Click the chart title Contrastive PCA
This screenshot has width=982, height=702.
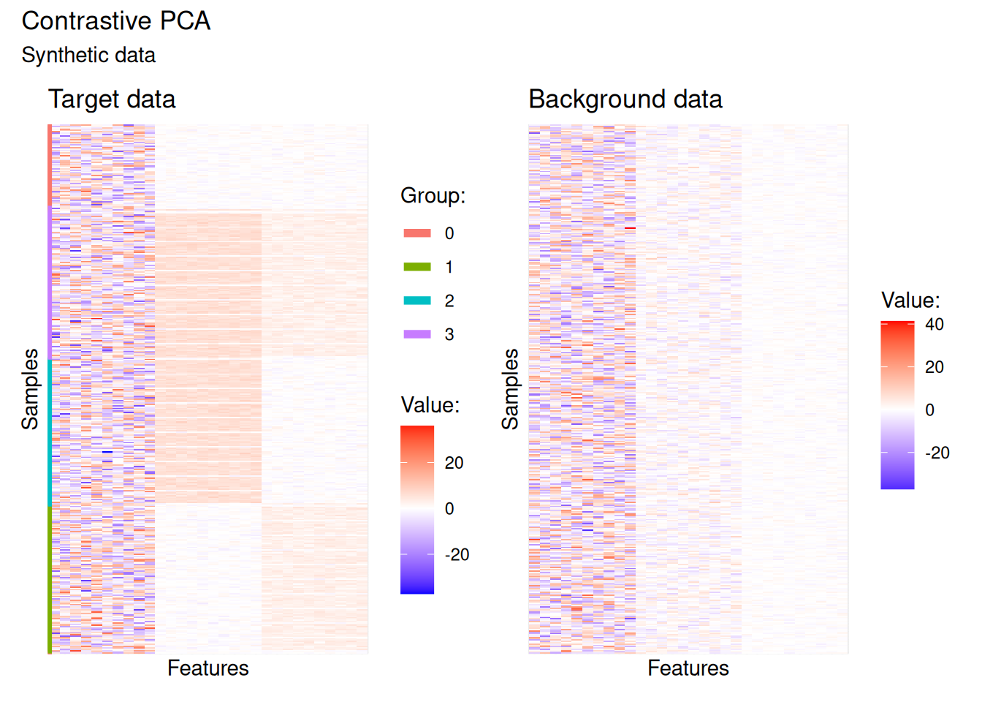pos(116,21)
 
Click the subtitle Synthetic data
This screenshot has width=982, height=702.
pos(88,56)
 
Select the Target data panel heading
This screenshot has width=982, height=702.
pos(112,99)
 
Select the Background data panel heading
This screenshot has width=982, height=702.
pos(625,99)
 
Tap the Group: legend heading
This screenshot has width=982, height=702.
pos(433,196)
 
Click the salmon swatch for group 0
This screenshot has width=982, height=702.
pos(417,233)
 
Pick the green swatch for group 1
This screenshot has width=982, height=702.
pos(417,267)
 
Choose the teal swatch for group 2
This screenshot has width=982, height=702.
pos(417,301)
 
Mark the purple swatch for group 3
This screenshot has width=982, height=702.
pos(417,334)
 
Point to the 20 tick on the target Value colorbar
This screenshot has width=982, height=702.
pos(454,463)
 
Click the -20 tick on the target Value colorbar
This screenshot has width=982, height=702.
pos(457,555)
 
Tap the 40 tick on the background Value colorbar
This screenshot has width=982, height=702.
pos(935,325)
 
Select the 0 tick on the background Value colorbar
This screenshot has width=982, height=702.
pos(929,410)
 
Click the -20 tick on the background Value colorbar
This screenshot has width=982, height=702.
pos(937,453)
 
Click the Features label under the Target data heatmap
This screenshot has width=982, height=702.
pos(208,668)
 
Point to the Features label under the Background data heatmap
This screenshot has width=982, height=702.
pos(688,668)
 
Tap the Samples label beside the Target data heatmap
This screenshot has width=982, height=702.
pos(30,389)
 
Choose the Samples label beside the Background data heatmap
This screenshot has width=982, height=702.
pos(510,389)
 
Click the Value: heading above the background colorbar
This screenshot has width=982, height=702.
pos(910,301)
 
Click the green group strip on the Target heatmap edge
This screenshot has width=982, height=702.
pos(50,579)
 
